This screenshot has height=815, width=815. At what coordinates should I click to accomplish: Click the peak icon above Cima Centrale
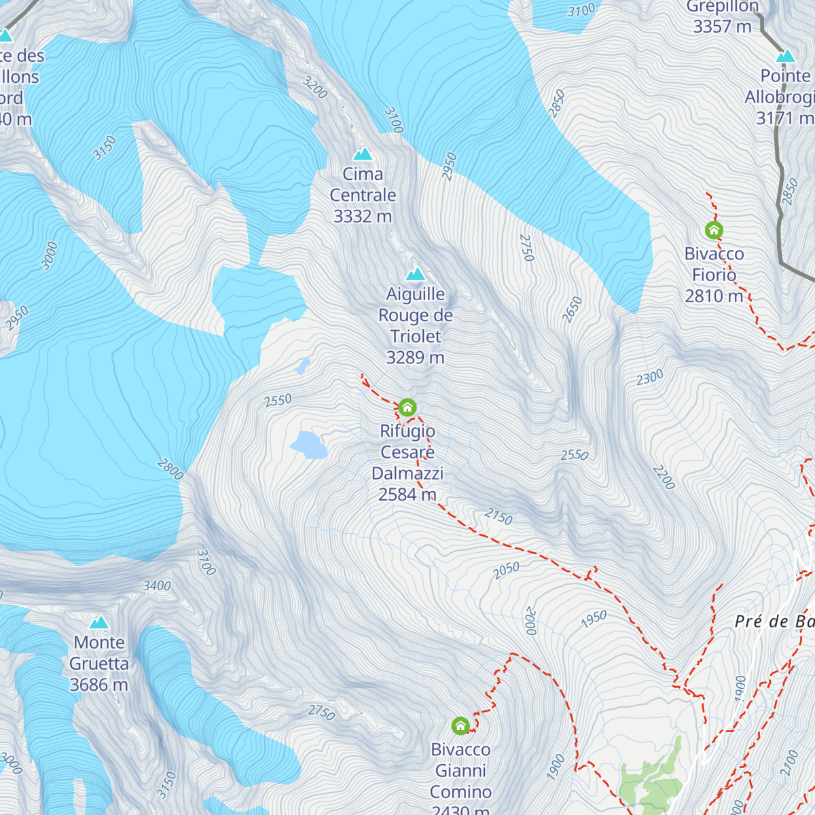(363, 153)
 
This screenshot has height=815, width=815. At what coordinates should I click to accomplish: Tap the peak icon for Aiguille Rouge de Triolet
(416, 274)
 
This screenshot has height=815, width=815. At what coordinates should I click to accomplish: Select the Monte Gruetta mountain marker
(99, 622)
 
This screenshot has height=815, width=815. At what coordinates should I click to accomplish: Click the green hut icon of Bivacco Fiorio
(713, 230)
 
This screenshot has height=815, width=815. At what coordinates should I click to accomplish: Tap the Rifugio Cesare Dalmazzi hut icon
(407, 407)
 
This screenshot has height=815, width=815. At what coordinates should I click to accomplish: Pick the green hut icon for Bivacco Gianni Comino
(460, 725)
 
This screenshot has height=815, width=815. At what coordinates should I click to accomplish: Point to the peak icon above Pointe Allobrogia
(786, 56)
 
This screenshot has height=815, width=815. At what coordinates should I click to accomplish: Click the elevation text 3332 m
(363, 216)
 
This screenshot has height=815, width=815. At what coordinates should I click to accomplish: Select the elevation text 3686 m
(99, 685)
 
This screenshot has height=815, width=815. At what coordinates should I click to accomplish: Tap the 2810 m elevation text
(714, 296)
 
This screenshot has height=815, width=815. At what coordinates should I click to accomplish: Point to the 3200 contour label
(315, 88)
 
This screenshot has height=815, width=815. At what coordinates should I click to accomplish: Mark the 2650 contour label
(573, 310)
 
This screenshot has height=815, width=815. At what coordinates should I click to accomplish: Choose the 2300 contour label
(650, 378)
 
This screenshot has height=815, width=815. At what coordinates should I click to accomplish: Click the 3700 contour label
(206, 562)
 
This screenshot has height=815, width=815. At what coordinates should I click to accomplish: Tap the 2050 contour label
(507, 570)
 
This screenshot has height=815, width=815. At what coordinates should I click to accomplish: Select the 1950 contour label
(594, 619)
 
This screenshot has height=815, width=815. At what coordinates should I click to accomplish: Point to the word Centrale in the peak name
(363, 195)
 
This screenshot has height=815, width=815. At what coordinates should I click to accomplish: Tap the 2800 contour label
(170, 469)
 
